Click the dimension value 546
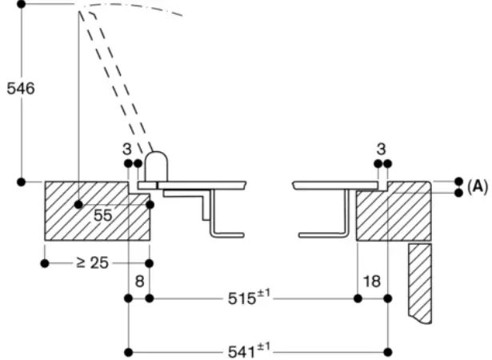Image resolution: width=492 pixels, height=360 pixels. [21, 89]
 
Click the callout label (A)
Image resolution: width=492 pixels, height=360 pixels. [478, 186]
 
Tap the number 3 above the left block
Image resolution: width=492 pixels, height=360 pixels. [126, 148]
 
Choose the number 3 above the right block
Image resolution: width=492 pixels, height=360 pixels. [382, 148]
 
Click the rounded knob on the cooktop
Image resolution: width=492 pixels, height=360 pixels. [155, 166]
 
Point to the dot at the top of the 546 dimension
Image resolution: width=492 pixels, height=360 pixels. [22, 4]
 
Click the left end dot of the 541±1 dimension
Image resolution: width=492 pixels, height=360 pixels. [128, 351]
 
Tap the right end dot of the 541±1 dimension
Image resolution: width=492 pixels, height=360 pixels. [387, 351]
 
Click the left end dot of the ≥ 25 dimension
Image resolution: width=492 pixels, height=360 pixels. [45, 262]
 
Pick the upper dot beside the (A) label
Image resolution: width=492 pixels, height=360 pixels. [458, 182]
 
